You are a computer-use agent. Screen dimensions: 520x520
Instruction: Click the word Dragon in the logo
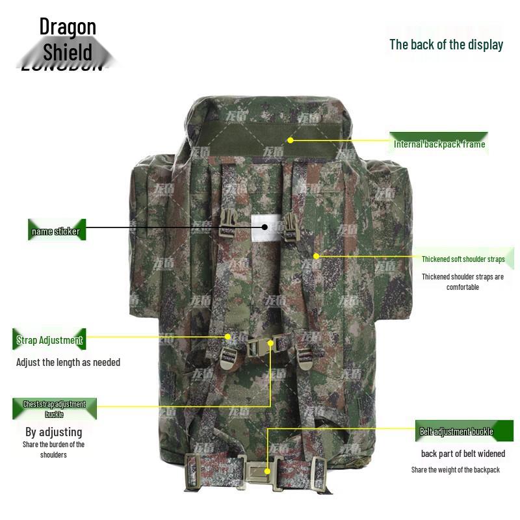(x=68, y=27)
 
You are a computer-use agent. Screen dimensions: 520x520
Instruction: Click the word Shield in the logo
(x=68, y=51)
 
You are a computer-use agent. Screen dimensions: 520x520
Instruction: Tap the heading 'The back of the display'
(x=446, y=44)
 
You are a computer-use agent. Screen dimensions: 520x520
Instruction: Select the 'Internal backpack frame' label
(x=439, y=144)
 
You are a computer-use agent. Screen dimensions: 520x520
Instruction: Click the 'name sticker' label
(x=56, y=231)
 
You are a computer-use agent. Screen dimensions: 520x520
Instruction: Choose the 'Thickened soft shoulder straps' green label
(x=463, y=259)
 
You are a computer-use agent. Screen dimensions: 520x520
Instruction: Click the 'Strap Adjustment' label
(x=49, y=340)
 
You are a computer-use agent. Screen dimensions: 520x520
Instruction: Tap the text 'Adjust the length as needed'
(x=68, y=362)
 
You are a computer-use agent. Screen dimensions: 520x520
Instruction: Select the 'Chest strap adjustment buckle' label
(x=55, y=409)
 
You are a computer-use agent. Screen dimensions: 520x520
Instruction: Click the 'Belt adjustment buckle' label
(x=456, y=432)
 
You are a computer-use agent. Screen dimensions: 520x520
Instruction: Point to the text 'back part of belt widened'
(x=463, y=454)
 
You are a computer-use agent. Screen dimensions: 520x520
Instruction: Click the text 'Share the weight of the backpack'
(x=456, y=470)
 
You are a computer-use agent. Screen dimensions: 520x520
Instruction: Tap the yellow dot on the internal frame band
(x=291, y=140)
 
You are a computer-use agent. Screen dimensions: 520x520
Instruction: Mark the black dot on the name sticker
(x=265, y=226)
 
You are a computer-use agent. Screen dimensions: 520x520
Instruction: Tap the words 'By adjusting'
(x=54, y=432)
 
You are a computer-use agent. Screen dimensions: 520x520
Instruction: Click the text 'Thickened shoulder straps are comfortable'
(x=463, y=281)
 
